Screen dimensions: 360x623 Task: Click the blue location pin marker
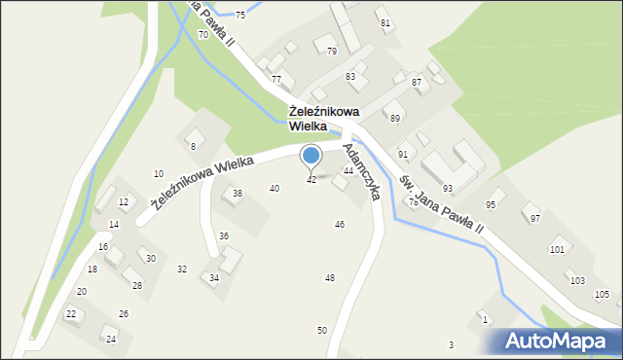pyautogui.click(x=311, y=156)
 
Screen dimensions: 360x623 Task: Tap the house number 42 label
pyautogui.click(x=311, y=180)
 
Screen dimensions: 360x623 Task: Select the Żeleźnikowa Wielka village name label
pyautogui.click(x=327, y=119)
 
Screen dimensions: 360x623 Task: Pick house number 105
pyautogui.click(x=602, y=294)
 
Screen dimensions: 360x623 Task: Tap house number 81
pyautogui.click(x=385, y=22)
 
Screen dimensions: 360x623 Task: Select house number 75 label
pyautogui.click(x=240, y=16)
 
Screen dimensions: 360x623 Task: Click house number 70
pyautogui.click(x=202, y=35)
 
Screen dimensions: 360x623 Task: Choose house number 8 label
pyautogui.click(x=193, y=146)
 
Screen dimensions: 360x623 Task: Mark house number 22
pyautogui.click(x=71, y=313)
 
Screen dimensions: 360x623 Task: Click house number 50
pyautogui.click(x=322, y=331)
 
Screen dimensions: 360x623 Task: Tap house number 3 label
pyautogui.click(x=451, y=345)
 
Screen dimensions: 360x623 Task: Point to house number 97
pyautogui.click(x=534, y=219)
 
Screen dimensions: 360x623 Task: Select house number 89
pyautogui.click(x=395, y=118)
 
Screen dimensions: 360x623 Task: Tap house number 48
pyautogui.click(x=330, y=278)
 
